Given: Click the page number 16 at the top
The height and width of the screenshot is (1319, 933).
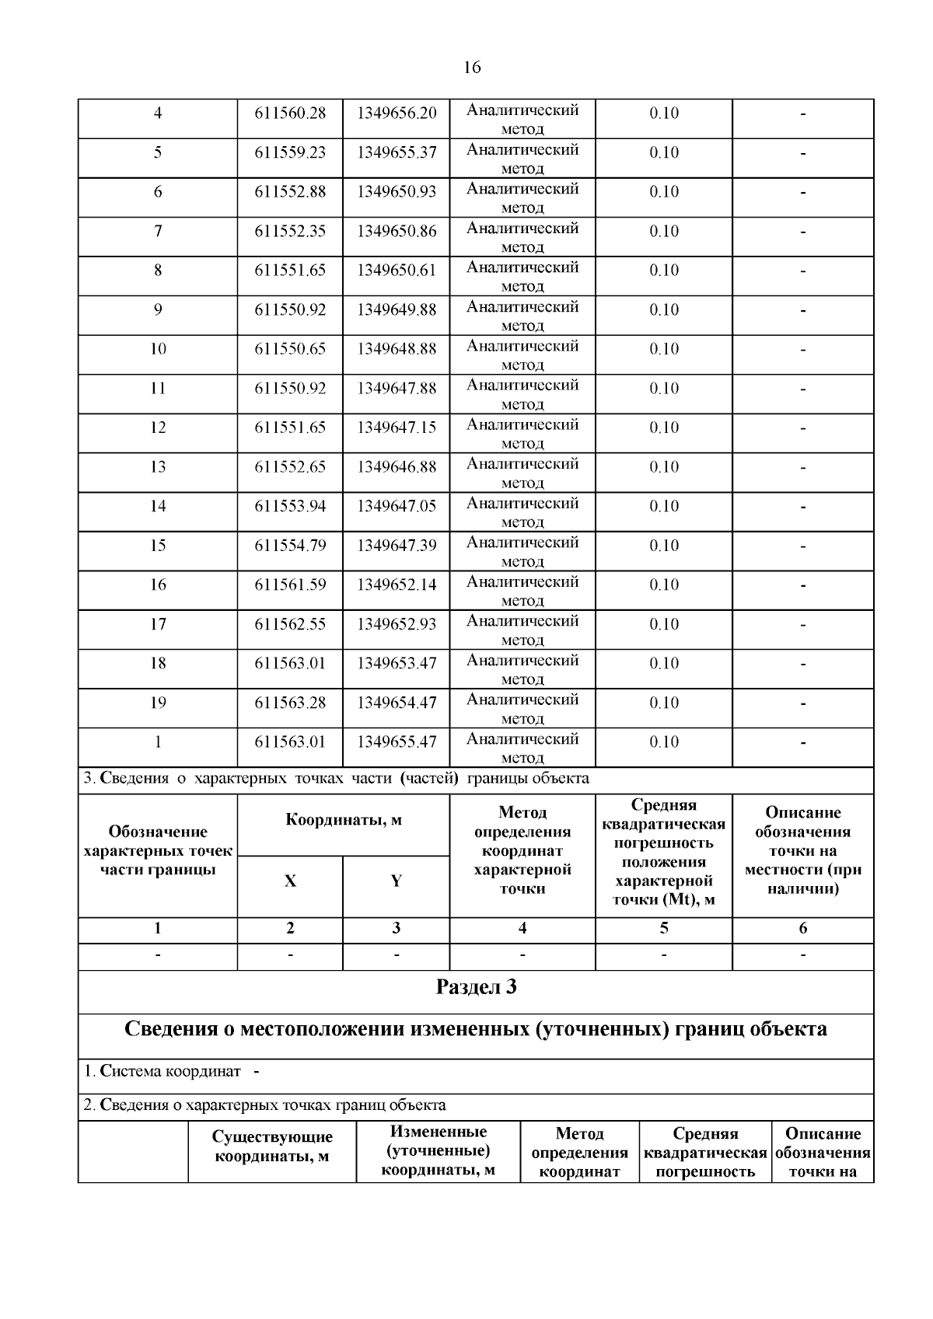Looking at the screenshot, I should [x=472, y=68].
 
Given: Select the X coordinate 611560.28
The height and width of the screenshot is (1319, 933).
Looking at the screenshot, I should [x=290, y=113].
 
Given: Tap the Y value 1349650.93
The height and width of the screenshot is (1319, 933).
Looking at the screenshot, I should [x=397, y=192].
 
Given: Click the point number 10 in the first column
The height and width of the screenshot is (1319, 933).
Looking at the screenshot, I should [x=158, y=349].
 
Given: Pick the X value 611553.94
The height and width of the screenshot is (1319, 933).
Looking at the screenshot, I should [x=290, y=507].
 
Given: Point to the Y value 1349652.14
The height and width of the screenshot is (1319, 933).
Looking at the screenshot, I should [x=397, y=585].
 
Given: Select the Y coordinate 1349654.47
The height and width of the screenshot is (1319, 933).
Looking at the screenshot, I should [x=397, y=703].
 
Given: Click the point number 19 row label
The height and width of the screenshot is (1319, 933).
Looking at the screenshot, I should [x=158, y=703].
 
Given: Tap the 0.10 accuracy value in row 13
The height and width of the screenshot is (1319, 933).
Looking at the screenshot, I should [x=664, y=467].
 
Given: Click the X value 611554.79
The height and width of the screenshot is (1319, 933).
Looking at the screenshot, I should [x=290, y=546].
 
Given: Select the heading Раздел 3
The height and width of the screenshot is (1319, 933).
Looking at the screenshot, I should [x=476, y=988].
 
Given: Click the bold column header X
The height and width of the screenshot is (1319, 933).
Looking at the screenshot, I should [x=290, y=881].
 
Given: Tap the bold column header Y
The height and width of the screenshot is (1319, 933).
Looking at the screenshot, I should [x=397, y=881].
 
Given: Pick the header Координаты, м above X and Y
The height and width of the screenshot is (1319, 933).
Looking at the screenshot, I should [x=344, y=821].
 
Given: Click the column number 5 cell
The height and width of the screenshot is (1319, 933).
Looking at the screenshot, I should [x=664, y=928].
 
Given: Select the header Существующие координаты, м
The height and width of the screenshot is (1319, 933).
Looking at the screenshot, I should [x=272, y=1147].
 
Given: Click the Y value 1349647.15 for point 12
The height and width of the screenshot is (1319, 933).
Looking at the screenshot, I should [x=397, y=428].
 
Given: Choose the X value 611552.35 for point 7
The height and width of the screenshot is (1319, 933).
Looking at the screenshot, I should [x=290, y=232].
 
